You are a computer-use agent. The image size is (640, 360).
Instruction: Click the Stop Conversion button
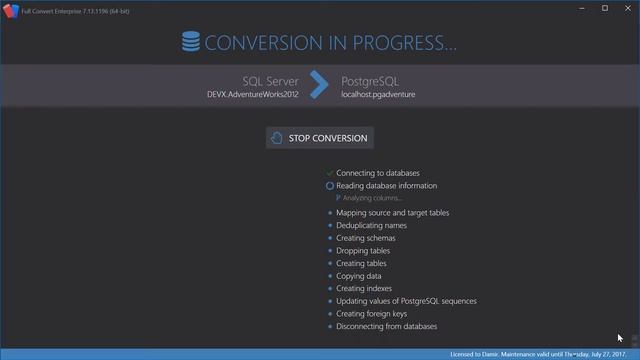[x=320, y=138]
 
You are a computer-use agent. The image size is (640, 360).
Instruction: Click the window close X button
[x=627, y=8]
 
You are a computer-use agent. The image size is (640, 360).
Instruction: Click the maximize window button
[x=604, y=8]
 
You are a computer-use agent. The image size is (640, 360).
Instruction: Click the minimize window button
[x=581, y=8]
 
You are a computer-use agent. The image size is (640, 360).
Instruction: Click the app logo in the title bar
[x=10, y=8]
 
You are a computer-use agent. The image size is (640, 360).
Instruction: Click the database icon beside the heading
[x=190, y=42]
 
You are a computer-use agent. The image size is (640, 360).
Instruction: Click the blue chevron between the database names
[x=319, y=86]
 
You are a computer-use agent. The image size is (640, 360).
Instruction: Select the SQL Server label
[x=271, y=80]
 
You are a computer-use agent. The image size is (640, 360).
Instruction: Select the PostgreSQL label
[x=371, y=80]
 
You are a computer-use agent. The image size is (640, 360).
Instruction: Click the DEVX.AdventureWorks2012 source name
[x=254, y=95]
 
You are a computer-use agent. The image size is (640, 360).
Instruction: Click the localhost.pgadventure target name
[x=378, y=95]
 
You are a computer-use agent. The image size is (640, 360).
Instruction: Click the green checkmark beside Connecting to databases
[x=329, y=173]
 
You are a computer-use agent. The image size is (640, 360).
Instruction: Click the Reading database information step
[x=386, y=186]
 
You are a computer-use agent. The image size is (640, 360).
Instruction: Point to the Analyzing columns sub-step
[x=373, y=198]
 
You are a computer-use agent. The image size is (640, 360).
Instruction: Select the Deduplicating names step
[x=372, y=226]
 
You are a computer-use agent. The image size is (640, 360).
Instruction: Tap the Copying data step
[x=359, y=276]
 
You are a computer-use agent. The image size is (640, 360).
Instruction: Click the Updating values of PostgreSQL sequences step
[x=406, y=301]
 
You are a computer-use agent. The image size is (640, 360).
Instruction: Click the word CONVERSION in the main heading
[x=267, y=43]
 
